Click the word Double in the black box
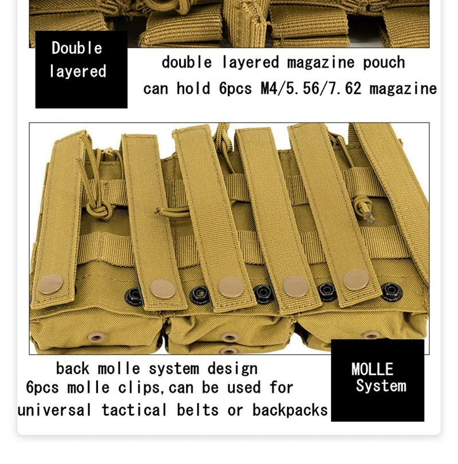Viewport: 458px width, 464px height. click(77, 48)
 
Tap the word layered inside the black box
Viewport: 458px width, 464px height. click(78, 72)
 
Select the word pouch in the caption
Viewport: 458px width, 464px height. click(384, 63)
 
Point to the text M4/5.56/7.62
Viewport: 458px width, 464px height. click(311, 88)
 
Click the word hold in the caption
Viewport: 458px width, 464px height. click(194, 88)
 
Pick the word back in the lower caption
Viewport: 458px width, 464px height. click(73, 369)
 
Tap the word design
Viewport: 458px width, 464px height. click(232, 369)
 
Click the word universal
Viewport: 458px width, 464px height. click(54, 410)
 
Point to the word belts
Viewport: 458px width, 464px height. click(198, 410)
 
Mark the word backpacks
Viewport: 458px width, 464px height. click(290, 411)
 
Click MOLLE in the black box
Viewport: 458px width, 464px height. click(372, 369)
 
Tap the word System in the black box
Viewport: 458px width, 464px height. click(381, 386)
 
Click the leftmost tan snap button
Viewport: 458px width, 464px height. click(51, 284)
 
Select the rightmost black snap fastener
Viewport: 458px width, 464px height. click(392, 292)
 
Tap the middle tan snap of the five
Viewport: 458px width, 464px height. click(231, 287)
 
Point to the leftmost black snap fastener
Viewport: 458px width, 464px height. click(134, 296)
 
